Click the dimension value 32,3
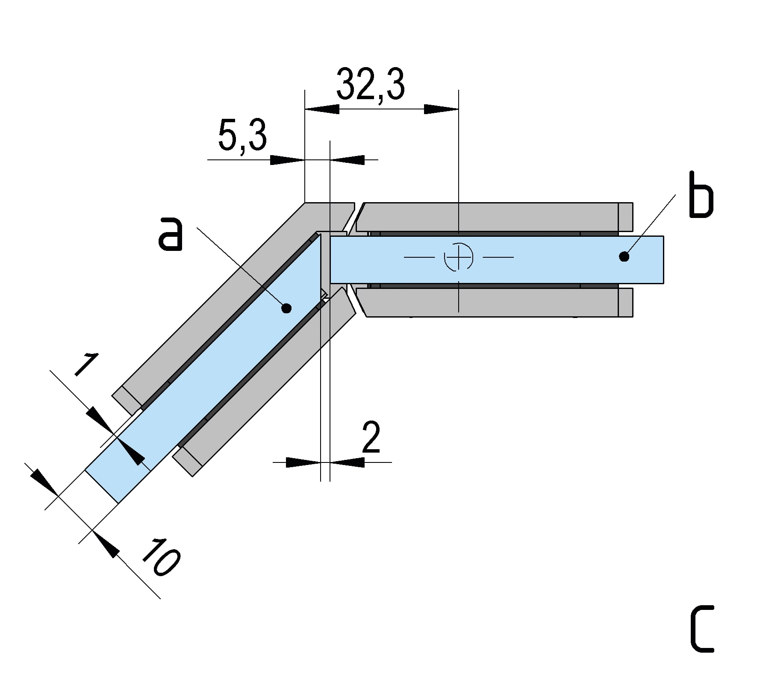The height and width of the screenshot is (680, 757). [370, 85]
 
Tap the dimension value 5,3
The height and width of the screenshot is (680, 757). [242, 136]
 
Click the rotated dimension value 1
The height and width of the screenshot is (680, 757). [87, 364]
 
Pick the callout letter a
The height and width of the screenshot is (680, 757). [171, 234]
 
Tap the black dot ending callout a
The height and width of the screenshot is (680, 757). [287, 308]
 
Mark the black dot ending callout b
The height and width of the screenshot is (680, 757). [624, 256]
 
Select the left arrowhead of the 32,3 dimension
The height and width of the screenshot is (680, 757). [322, 109]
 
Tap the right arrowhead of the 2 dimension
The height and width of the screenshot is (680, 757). [347, 462]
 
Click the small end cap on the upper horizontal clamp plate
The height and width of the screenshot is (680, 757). [625, 217]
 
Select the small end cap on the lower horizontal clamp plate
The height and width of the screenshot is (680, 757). [625, 303]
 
